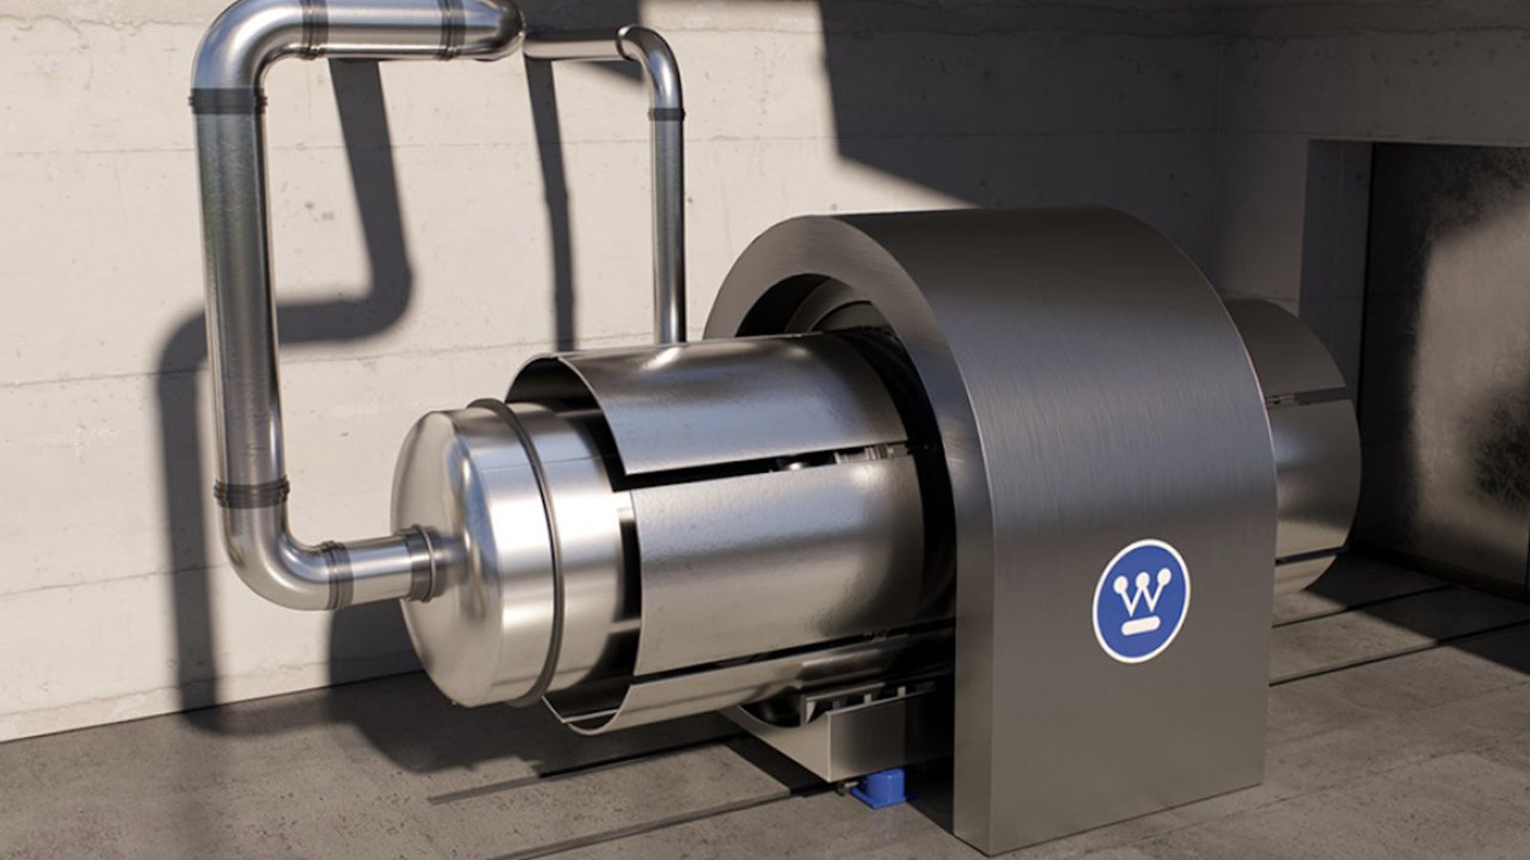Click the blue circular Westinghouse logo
click(x=1142, y=601)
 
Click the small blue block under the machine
click(x=884, y=789)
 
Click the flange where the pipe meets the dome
click(x=425, y=564)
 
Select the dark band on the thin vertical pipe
click(x=666, y=114)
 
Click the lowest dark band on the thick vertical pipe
click(x=251, y=493)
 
